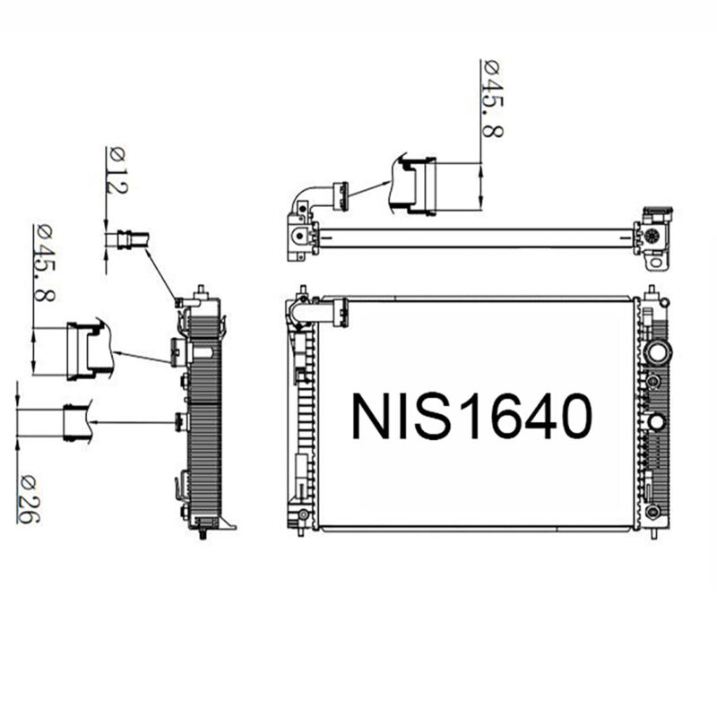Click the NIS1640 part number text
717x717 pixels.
471,416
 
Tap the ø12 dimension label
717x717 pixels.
117,170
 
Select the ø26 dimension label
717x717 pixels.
29,499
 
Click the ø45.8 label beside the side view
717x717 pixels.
44,263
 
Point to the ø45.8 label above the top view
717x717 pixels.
492,99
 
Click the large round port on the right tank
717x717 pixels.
657,351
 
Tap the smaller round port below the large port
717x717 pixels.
657,421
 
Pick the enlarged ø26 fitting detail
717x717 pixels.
78,422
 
